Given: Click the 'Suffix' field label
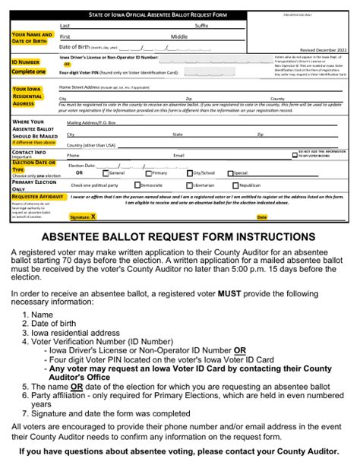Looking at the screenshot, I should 201,25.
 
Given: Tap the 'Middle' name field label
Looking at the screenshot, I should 179,36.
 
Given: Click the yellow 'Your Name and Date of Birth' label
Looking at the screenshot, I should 32,39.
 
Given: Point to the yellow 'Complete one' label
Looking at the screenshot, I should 29,71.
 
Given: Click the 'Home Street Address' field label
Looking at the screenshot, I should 82,87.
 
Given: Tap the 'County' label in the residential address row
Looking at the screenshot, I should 277,99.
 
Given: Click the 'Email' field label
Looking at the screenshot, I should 178,155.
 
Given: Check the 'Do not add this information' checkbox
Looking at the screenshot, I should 295,154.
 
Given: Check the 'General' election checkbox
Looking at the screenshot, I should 105,172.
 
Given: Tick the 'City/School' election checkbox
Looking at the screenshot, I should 191,172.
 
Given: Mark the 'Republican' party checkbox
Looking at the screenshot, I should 235,185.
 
